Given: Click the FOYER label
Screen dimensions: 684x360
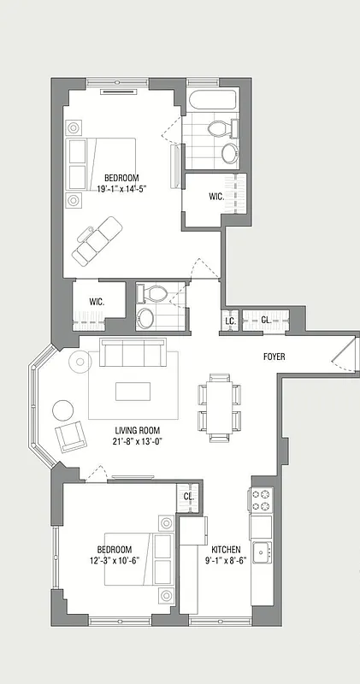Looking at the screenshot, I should (274, 357).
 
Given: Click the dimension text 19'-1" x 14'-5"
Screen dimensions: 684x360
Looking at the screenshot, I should (116, 189).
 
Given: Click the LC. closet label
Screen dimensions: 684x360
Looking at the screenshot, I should (230, 321).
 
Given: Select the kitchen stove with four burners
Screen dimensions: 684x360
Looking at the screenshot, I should (260, 499).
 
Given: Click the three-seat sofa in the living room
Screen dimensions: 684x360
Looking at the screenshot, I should (133, 352).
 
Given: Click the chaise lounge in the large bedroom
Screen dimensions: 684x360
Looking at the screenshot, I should (97, 239).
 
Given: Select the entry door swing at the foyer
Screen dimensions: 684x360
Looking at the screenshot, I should (343, 355).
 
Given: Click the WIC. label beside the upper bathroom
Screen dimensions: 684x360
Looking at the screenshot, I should (216, 197).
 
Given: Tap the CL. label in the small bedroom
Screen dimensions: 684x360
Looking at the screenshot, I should (188, 496).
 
